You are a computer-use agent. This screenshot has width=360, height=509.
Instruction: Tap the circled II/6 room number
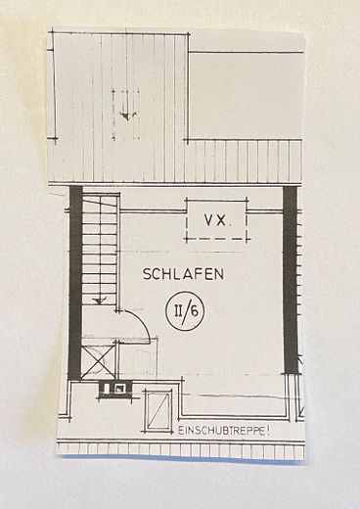pyautogui.click(x=183, y=312)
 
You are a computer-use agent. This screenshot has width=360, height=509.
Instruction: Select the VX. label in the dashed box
pyautogui.click(x=216, y=221)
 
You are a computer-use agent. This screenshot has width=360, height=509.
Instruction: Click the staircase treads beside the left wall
pyautogui.click(x=99, y=250)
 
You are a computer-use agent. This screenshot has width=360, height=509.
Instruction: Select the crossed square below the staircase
pyautogui.click(x=100, y=357)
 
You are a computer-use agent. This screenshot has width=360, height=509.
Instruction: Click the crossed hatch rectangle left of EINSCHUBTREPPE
pyautogui.click(x=157, y=409)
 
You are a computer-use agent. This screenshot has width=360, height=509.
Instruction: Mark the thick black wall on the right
pyautogui.click(x=290, y=279)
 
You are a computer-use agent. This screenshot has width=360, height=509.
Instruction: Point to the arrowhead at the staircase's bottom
pyautogui.click(x=99, y=302)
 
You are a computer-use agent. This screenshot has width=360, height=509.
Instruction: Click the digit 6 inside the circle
pyautogui.click(x=191, y=313)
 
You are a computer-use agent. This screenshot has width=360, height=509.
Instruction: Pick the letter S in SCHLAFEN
pyautogui.click(x=147, y=274)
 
